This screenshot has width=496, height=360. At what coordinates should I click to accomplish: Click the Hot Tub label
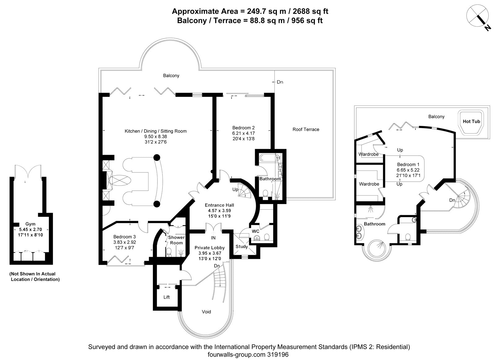tap(471, 121)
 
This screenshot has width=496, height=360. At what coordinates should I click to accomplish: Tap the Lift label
tap(166, 297)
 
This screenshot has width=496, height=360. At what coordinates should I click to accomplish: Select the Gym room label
tap(30, 224)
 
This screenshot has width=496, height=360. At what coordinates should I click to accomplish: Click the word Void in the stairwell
tap(206, 312)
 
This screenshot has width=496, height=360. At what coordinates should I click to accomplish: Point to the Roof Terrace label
tap(306, 129)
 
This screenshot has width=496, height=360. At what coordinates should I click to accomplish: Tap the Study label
tap(241, 247)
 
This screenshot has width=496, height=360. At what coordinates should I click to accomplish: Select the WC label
tap(255, 231)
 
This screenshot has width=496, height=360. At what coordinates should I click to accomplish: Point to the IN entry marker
tap(213, 238)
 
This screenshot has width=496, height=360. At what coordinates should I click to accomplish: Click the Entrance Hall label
tap(219, 205)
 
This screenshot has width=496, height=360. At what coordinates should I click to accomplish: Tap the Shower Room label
tap(176, 240)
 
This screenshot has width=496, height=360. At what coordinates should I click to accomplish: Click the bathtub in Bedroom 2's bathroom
tap(269, 158)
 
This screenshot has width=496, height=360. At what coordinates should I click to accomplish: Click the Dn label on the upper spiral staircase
tap(452, 200)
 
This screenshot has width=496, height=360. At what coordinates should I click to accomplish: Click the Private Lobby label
tap(209, 248)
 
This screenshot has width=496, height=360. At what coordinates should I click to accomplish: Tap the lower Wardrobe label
tap(369, 184)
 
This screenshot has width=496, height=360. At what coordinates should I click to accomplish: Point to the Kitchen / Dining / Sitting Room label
tap(156, 131)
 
